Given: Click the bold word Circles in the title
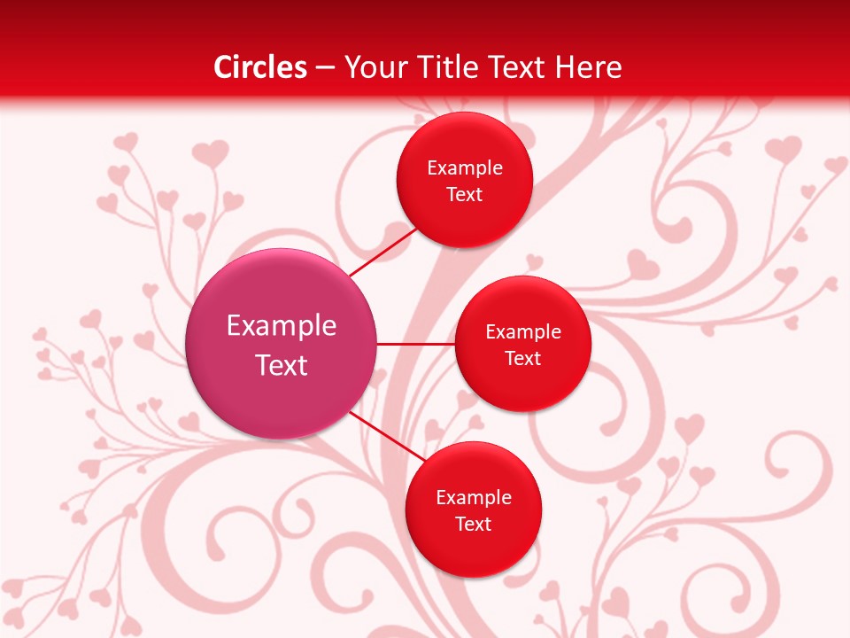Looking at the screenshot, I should tap(260, 67).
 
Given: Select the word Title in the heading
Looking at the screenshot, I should tap(449, 67).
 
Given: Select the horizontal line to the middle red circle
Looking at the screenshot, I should tap(416, 344).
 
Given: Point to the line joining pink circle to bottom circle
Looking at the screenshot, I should tap(385, 437).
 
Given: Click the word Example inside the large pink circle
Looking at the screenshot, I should tap(282, 326).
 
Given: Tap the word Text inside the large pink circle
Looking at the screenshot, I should tap(282, 365).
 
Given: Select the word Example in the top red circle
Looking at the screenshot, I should tap(464, 168).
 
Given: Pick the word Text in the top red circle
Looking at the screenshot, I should tap(464, 195).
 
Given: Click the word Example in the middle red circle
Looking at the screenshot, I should tap(522, 332).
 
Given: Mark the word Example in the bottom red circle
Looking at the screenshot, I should tap(473, 498).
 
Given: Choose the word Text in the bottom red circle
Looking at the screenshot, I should tap(473, 525).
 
